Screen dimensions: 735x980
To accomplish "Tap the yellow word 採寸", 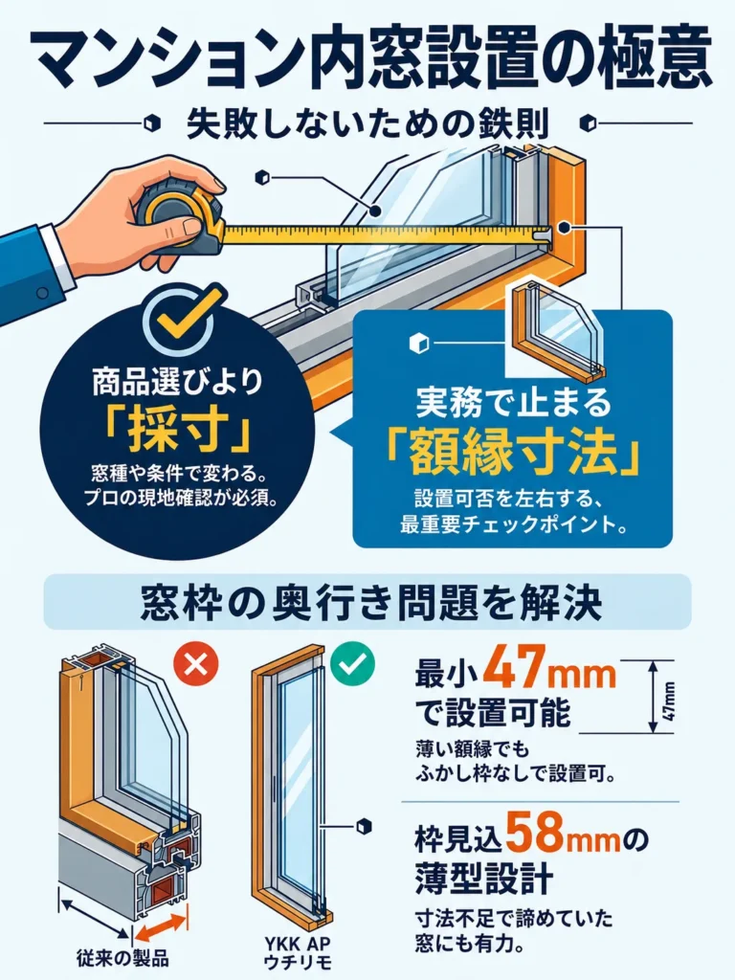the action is click(x=179, y=431).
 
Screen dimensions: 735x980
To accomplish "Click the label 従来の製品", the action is click(x=122, y=959).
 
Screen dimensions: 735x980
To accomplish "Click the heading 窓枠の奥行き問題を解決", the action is click(x=371, y=603).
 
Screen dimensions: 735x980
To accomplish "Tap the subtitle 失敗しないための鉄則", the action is click(x=367, y=123).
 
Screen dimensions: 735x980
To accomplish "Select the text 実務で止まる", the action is click(x=513, y=402).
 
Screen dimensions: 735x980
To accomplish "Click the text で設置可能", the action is click(x=494, y=712).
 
